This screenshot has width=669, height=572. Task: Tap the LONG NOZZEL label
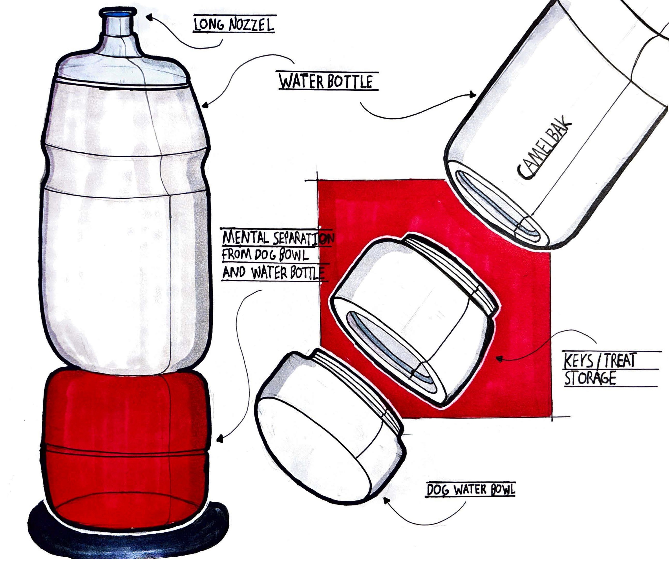click(x=234, y=25)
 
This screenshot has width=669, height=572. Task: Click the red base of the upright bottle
click(x=126, y=452)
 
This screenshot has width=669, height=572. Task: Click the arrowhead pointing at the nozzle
click(x=149, y=16)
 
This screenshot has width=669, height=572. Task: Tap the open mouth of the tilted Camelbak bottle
click(x=499, y=207)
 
